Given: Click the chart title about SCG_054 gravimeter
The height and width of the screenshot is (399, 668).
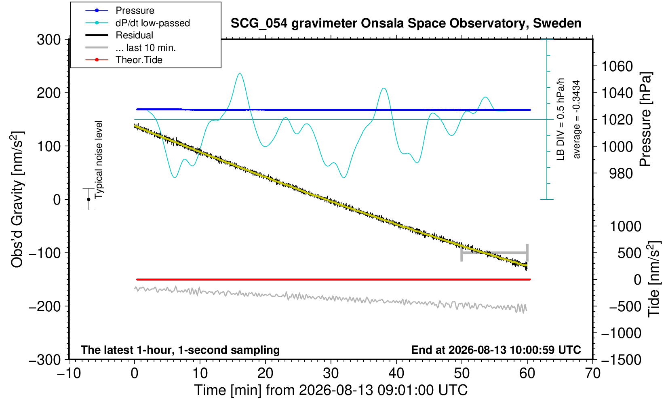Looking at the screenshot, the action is [406, 23].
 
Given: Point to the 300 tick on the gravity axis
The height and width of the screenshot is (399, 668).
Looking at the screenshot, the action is [49, 40].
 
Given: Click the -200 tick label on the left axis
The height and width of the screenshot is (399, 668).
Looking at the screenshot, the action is [45, 306].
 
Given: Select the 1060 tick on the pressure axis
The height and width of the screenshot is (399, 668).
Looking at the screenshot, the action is [617, 66].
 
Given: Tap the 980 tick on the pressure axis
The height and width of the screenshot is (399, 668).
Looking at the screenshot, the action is [621, 173].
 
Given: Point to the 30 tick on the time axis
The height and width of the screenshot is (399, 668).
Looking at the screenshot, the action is [331, 374].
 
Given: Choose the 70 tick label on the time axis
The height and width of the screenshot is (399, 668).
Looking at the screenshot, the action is [592, 374].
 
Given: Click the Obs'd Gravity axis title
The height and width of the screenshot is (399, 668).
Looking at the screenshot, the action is [17, 199].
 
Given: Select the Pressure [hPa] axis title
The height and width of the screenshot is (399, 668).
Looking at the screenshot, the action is [646, 119].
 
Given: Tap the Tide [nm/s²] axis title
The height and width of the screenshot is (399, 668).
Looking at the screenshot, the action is [655, 279].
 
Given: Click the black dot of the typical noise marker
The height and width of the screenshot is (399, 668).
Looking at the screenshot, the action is [89, 199].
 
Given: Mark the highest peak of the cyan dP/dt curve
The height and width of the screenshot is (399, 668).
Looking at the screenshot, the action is [240, 74].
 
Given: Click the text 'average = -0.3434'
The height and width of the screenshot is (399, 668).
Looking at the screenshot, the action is [576, 119].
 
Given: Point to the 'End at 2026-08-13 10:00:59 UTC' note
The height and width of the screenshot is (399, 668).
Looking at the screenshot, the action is [496, 350].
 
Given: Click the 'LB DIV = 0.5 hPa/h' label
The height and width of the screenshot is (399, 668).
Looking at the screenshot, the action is [561, 119].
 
